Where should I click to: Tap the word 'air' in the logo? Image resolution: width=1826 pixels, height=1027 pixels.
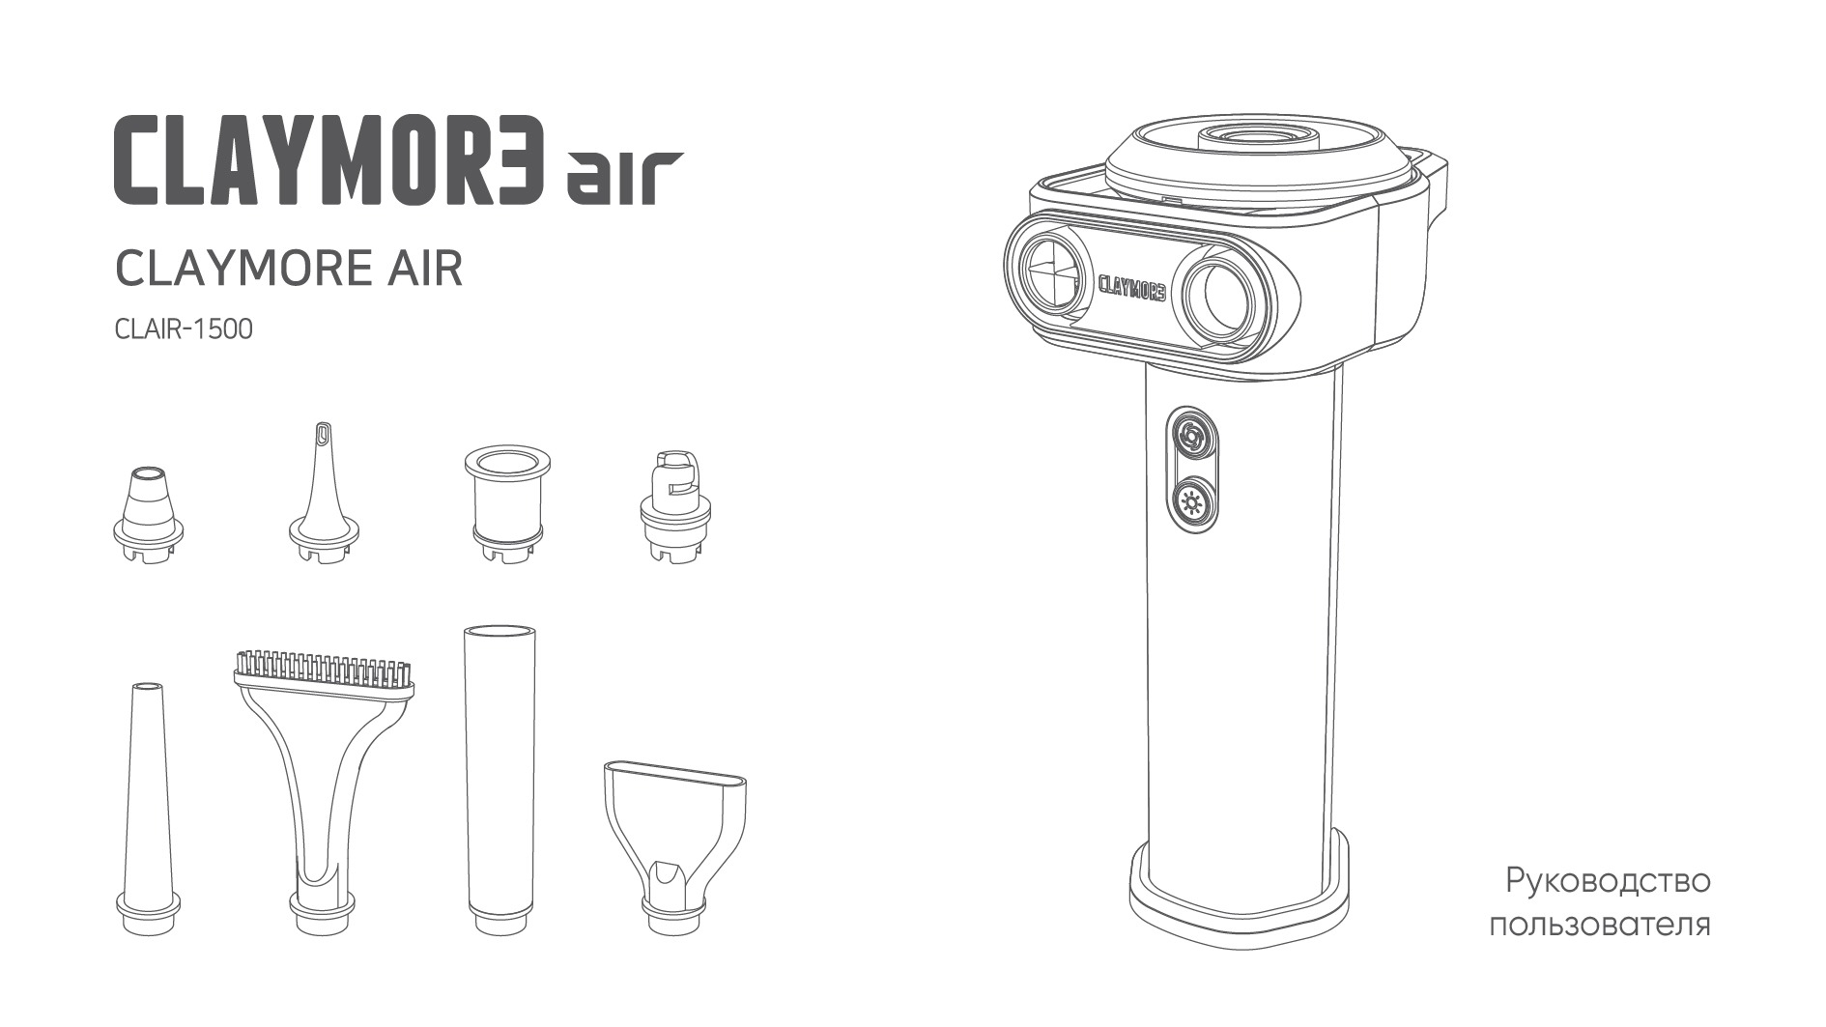point(625,177)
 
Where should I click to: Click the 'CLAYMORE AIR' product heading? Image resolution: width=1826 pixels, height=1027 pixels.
point(289,269)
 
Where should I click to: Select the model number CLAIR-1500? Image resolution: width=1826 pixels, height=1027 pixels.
point(184,329)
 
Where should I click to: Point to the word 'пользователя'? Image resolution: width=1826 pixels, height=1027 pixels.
point(1600,925)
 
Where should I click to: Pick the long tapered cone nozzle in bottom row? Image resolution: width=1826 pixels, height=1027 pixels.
point(148,807)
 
